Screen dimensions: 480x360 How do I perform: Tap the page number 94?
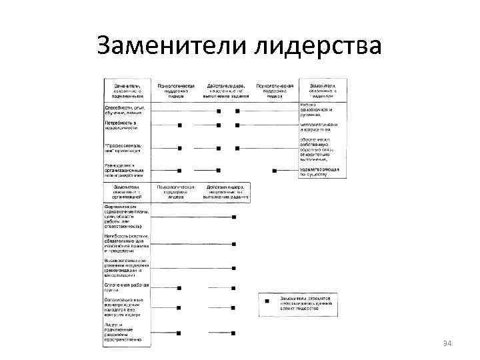pos(447,343)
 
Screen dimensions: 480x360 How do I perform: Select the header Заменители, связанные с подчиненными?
pos(127,91)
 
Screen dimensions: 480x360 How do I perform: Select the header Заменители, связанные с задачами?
pos(319,91)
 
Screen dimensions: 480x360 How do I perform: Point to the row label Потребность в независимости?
pos(122,125)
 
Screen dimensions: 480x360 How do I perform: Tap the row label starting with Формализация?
pos(127,217)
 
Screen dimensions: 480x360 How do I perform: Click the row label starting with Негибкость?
pos(127,243)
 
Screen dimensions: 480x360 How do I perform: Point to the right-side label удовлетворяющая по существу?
pos(319,171)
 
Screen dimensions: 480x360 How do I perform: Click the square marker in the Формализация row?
pos(233,217)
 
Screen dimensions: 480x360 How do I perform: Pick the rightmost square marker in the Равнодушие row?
pos(274,171)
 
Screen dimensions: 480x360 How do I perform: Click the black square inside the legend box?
pos(267,301)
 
